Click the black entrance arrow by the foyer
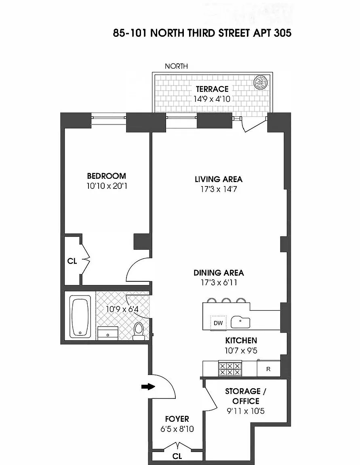pyautogui.click(x=148, y=387)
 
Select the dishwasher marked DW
pyautogui.click(x=218, y=323)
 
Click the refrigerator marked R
pyautogui.click(x=268, y=369)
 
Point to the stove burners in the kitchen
pyautogui.click(x=229, y=368)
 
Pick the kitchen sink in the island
pyautogui.click(x=241, y=322)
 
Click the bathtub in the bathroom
pyautogui.click(x=80, y=317)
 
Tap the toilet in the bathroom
pyautogui.click(x=139, y=329)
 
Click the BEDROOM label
pyautogui.click(x=106, y=176)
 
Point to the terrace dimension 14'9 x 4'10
pyautogui.click(x=212, y=98)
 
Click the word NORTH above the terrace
pyautogui.click(x=176, y=66)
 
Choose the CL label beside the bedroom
pyautogui.click(x=72, y=261)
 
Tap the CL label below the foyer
pyautogui.click(x=177, y=457)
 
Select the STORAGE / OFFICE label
pyautogui.click(x=242, y=396)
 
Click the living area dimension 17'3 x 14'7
pyautogui.click(x=218, y=189)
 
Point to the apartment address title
pyautogui.click(x=202, y=33)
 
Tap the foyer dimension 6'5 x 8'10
pyautogui.click(x=177, y=429)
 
